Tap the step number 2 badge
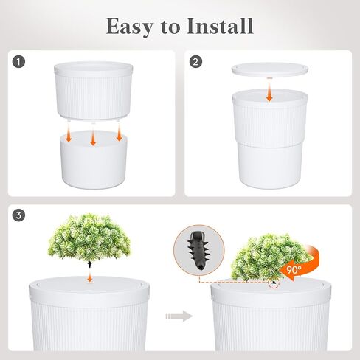[x=196, y=63]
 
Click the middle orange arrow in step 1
[x=93, y=139]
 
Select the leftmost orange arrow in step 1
[x=68, y=134]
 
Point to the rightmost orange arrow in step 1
[x=119, y=134]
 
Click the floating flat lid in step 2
[x=270, y=69]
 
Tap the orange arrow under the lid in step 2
[x=270, y=93]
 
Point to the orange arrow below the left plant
[x=89, y=275]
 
